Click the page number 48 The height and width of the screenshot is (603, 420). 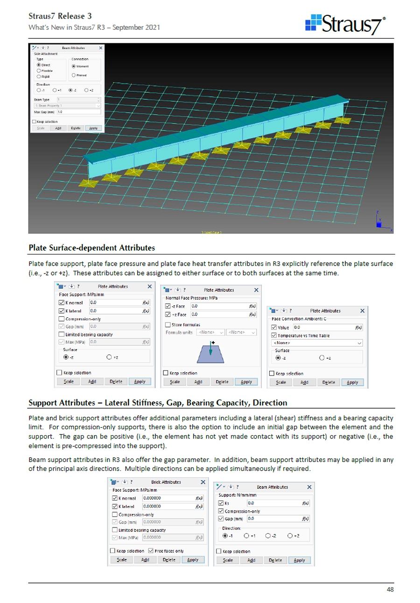pyautogui.click(x=391, y=589)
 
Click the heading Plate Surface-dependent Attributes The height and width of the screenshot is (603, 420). pyautogui.click(x=91, y=246)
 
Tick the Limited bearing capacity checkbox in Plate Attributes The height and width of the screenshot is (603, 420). pyautogui.click(x=62, y=335)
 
